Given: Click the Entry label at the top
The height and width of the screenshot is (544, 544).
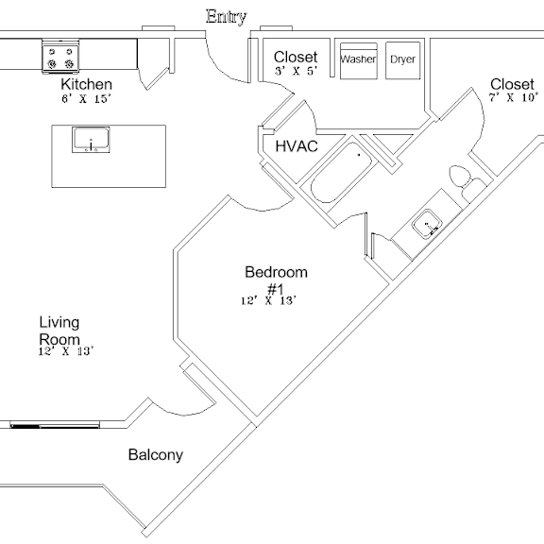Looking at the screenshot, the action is (227, 16).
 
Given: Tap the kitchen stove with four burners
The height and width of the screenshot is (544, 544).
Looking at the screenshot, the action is (60, 57).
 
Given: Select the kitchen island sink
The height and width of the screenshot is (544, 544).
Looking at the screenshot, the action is (91, 140).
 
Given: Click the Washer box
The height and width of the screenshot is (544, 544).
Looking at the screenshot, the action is (358, 61).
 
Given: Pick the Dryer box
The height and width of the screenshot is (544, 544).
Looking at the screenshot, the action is (402, 60).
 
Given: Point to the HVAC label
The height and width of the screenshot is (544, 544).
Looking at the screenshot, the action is (297, 146).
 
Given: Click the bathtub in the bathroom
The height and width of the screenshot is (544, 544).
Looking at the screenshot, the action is (342, 173).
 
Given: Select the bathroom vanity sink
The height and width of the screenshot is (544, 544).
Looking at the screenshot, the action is (426, 224).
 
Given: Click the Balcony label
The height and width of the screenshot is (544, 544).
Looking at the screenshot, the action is (156, 455).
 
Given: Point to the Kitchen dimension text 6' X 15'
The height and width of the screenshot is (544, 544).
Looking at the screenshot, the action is (87, 98).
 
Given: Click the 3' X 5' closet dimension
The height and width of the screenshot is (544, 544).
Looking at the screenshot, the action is (296, 71).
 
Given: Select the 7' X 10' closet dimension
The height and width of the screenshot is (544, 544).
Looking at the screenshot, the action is (514, 97).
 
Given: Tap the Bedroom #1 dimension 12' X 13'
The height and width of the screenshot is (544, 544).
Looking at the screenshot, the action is (269, 300).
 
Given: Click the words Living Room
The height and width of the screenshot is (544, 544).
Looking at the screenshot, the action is (59, 331).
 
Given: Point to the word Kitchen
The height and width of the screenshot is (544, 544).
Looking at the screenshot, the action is (86, 84).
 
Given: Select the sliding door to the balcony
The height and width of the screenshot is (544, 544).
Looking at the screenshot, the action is (55, 425).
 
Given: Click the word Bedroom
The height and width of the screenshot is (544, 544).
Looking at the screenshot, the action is (276, 272).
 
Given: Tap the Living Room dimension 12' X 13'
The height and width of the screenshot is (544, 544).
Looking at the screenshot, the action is (66, 351).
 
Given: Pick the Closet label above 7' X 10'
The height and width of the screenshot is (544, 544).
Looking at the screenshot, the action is (512, 84).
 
